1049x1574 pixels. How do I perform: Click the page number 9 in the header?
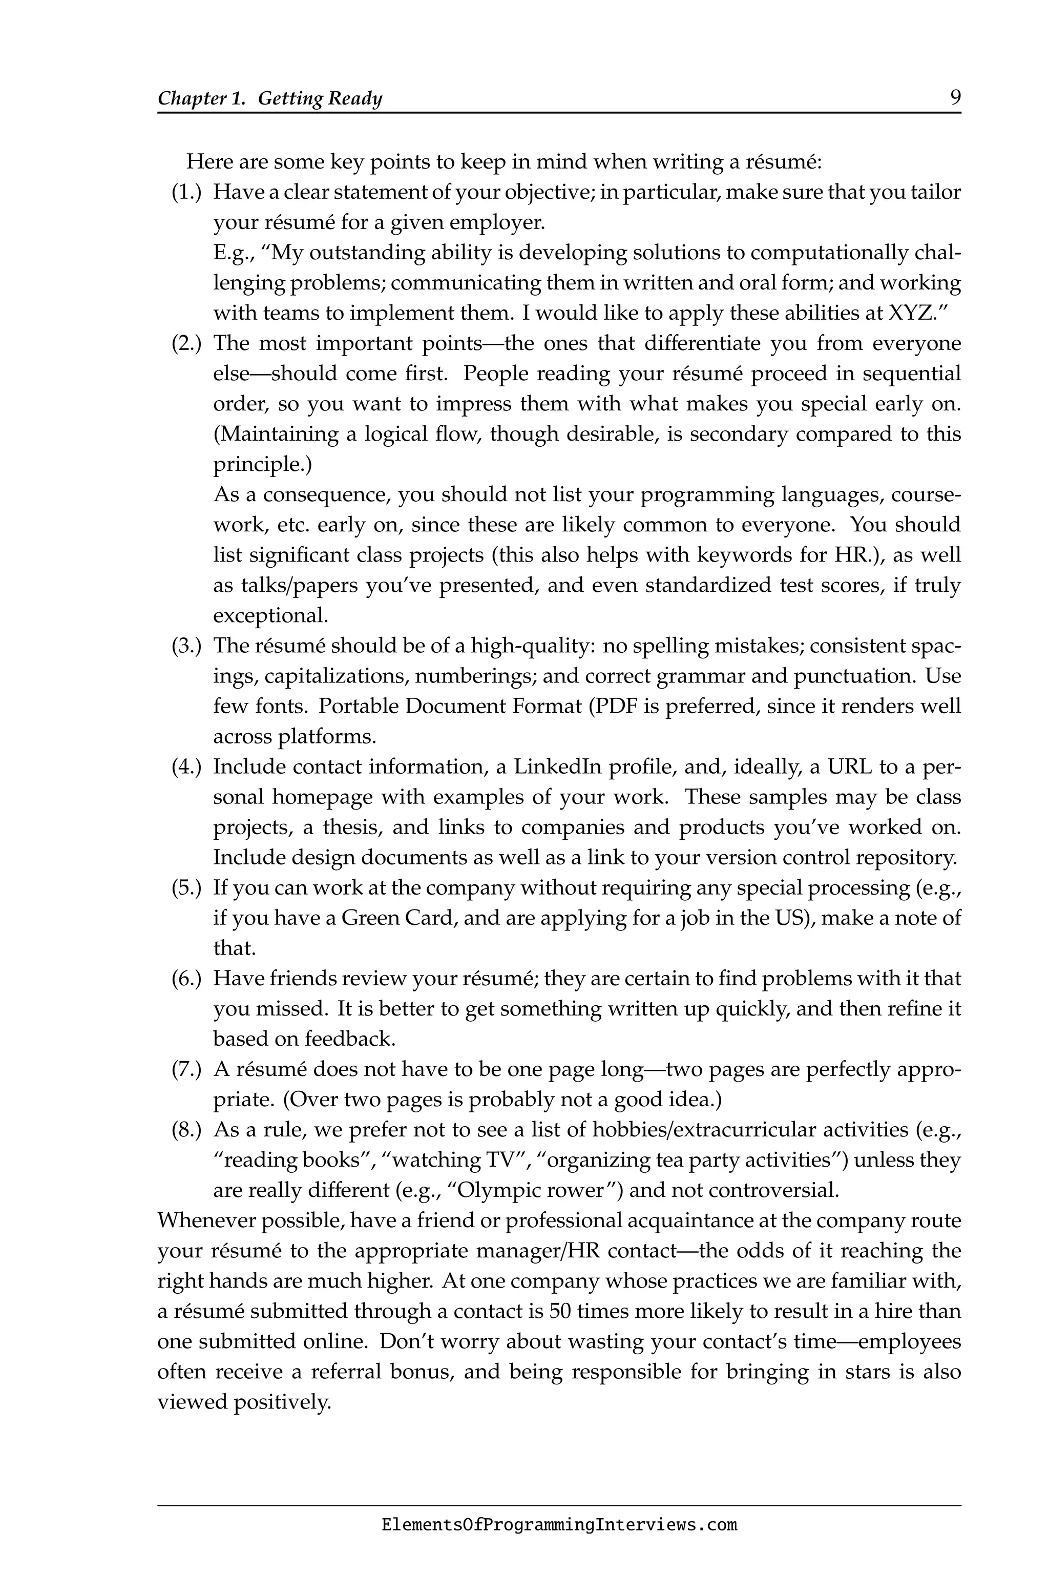[x=955, y=98]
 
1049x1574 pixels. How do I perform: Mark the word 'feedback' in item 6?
[x=349, y=1039]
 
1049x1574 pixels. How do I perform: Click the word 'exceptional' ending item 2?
[x=269, y=616]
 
